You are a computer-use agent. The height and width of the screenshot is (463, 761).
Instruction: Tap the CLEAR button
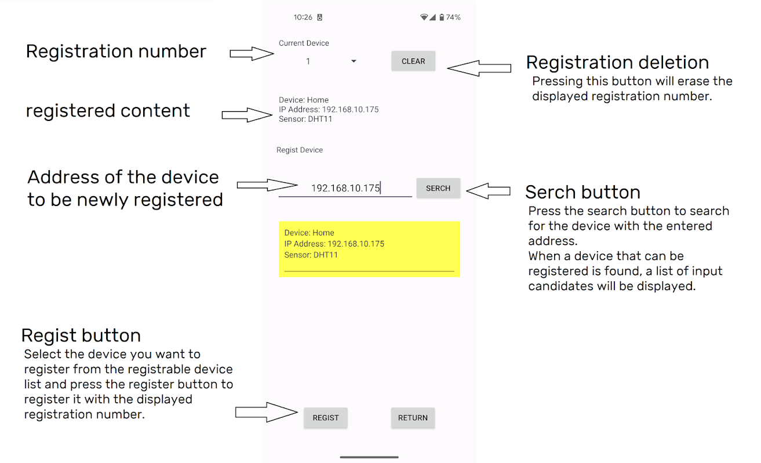(413, 61)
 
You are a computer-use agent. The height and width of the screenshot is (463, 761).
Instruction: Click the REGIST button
(326, 417)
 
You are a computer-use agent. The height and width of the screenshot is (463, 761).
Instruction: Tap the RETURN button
(413, 417)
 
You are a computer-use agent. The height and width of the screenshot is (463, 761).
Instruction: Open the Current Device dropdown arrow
(354, 61)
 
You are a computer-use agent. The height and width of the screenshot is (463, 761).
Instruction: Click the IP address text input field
(345, 188)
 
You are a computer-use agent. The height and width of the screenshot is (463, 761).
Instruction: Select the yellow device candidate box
(369, 249)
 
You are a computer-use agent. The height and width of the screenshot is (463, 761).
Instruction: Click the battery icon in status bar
(442, 17)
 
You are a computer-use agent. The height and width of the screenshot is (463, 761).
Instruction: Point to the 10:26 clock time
(303, 17)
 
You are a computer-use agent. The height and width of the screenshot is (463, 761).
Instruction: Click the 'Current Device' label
(304, 43)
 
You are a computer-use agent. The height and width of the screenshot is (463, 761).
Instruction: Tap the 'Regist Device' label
(299, 150)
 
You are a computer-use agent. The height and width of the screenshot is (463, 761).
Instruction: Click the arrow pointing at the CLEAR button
(479, 68)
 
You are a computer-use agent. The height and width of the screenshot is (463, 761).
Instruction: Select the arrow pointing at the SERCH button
(488, 191)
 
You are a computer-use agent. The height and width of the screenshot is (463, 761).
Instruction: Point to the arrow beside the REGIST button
(267, 412)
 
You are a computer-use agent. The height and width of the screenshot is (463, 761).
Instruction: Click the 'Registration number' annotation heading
(116, 52)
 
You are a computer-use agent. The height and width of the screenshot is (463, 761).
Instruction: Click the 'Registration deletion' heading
(617, 63)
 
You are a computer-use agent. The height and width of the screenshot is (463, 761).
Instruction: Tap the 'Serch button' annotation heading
(582, 192)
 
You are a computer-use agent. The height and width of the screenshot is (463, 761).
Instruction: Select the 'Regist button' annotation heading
(81, 336)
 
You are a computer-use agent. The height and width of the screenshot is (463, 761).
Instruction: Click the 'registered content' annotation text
(108, 111)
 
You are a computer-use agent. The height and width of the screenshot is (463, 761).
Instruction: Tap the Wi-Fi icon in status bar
(424, 17)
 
